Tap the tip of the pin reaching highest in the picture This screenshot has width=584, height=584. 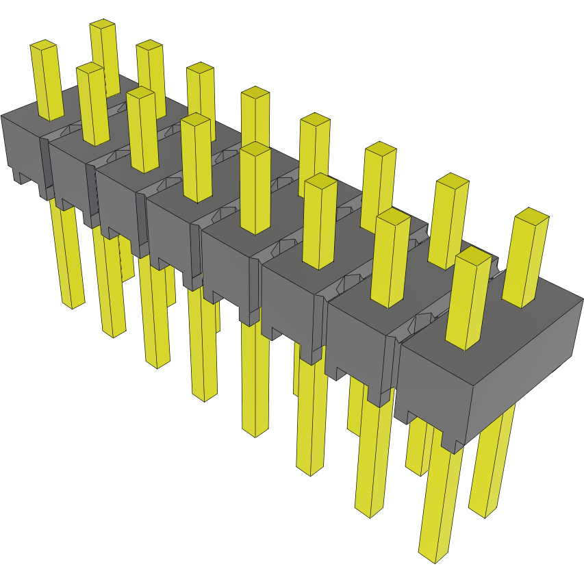click(x=102, y=25)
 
